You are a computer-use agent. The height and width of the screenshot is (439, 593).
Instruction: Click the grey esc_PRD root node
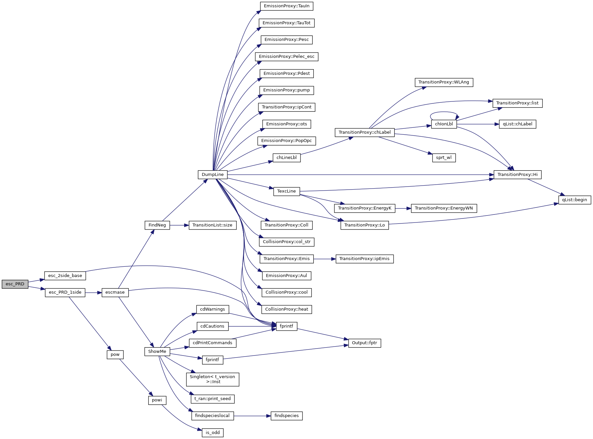(x=15, y=284)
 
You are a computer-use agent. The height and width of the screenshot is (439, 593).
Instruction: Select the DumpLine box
(x=213, y=175)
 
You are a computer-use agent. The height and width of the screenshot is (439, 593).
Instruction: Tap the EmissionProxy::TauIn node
(x=287, y=6)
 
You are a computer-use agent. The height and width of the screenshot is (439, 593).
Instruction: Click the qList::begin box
(x=574, y=200)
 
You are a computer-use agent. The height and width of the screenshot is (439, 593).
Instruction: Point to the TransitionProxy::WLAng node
(x=444, y=82)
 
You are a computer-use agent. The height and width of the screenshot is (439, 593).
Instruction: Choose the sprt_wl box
(x=444, y=158)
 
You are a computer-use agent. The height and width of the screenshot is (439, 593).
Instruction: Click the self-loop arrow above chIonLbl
(x=444, y=112)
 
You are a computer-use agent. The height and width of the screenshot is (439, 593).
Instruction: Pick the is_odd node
(x=213, y=433)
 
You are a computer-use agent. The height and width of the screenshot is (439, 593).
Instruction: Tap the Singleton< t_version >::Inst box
(x=212, y=379)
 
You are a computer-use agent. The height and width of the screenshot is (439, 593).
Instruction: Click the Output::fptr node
(x=364, y=343)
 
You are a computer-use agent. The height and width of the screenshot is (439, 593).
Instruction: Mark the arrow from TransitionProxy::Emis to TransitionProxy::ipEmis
(x=324, y=259)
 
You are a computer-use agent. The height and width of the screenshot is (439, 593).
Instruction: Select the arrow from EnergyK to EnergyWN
(x=403, y=208)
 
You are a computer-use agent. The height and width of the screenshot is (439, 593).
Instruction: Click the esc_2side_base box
(x=65, y=276)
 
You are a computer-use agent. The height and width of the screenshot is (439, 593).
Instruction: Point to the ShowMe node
(x=157, y=352)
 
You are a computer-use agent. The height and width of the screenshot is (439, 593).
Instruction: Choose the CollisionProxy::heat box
(x=287, y=309)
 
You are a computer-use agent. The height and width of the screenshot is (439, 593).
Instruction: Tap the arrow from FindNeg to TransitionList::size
(x=179, y=225)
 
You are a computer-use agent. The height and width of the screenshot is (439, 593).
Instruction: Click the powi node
(x=157, y=400)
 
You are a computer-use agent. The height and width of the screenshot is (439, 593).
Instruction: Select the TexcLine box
(x=287, y=191)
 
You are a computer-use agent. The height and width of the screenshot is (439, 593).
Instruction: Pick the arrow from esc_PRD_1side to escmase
(x=93, y=293)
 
